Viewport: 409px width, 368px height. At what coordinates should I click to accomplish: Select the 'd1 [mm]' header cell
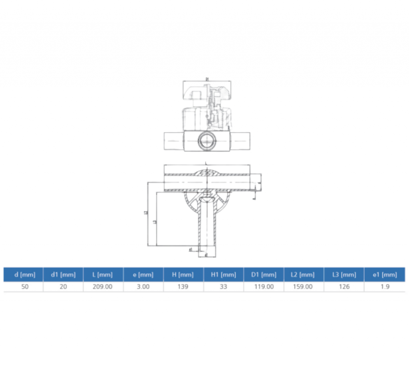point(63,275)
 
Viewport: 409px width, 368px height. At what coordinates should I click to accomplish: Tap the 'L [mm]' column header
point(103,275)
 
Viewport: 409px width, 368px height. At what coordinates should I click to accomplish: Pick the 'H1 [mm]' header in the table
point(224,275)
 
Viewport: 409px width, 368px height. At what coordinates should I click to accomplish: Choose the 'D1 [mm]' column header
point(264,275)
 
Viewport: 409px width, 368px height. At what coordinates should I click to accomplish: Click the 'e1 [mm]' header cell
point(385,275)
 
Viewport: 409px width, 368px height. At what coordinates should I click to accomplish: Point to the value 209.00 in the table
point(103,287)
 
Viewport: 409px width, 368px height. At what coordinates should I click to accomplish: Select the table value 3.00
point(143,287)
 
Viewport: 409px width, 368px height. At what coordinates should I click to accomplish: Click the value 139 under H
point(183,287)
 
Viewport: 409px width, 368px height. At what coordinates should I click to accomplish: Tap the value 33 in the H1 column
point(224,287)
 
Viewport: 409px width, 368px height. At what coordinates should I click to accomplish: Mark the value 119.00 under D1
point(264,287)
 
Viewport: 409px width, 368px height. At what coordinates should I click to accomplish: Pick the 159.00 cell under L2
point(304,287)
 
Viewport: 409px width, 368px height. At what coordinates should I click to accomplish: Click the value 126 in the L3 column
point(344,287)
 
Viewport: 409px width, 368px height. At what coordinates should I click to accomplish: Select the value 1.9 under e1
point(385,287)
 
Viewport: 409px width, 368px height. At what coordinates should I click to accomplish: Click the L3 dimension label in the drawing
point(155,221)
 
